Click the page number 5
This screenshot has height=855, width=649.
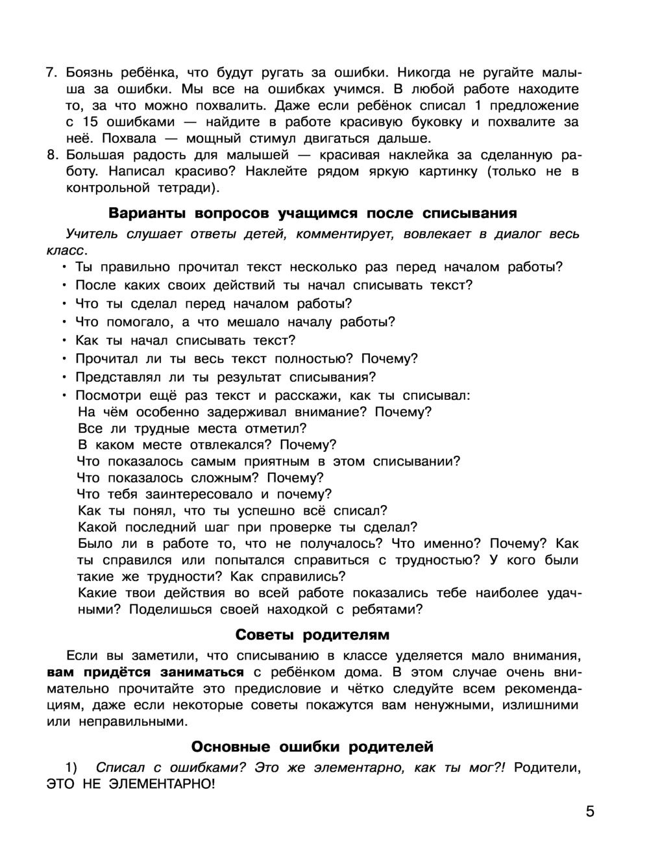coord(589,812)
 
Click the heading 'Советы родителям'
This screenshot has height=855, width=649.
coord(312,634)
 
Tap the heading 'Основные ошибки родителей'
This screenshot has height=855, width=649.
coord(312,747)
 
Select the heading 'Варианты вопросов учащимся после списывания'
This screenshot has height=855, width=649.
coord(312,213)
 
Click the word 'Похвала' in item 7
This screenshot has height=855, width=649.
coord(129,138)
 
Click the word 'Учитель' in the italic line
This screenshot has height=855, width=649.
coord(92,234)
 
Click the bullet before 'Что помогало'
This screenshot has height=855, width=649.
coord(64,322)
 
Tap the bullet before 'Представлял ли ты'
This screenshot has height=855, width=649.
coord(64,377)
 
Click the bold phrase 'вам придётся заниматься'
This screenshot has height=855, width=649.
coord(145,672)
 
